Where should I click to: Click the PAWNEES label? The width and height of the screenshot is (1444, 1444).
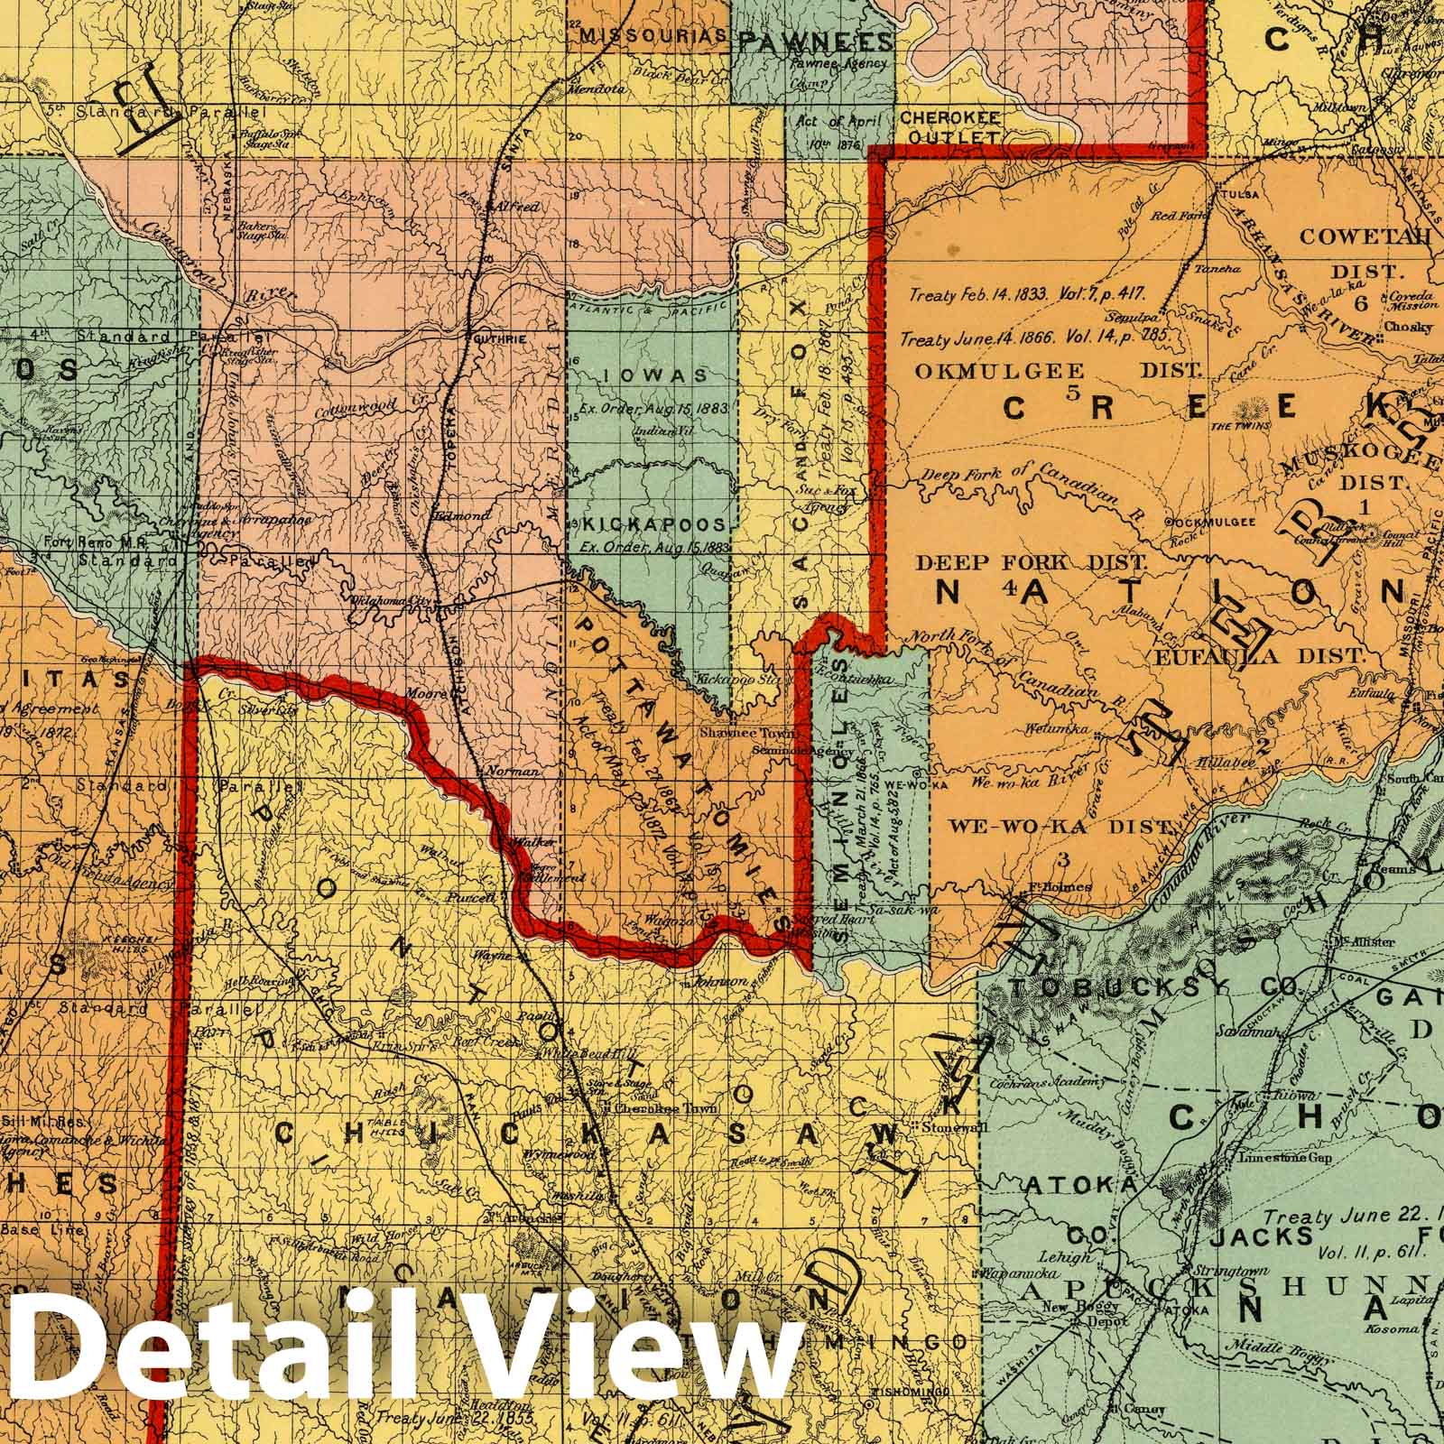point(816,41)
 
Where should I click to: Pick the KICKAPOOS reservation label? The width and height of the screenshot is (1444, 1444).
point(653,524)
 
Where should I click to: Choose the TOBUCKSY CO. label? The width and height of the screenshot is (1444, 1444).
point(1146,988)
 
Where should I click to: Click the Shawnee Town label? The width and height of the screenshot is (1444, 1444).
point(738,734)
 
